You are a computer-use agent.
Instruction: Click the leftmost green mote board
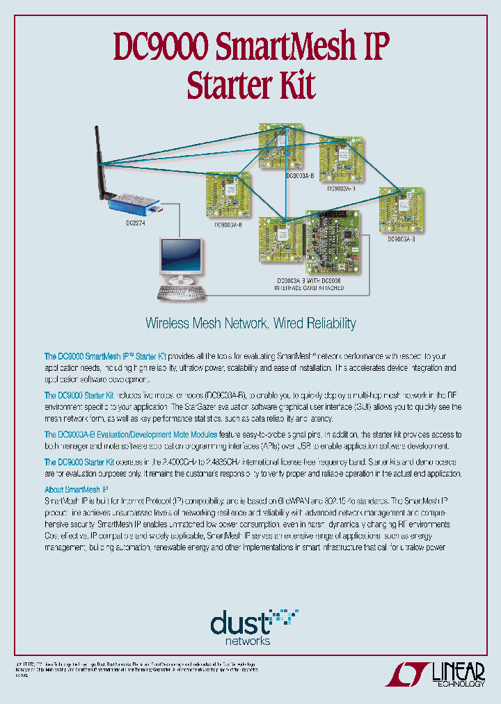pos(228,195)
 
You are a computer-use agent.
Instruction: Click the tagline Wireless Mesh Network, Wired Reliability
pos(250,323)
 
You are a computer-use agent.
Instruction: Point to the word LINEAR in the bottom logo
pos(458,670)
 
